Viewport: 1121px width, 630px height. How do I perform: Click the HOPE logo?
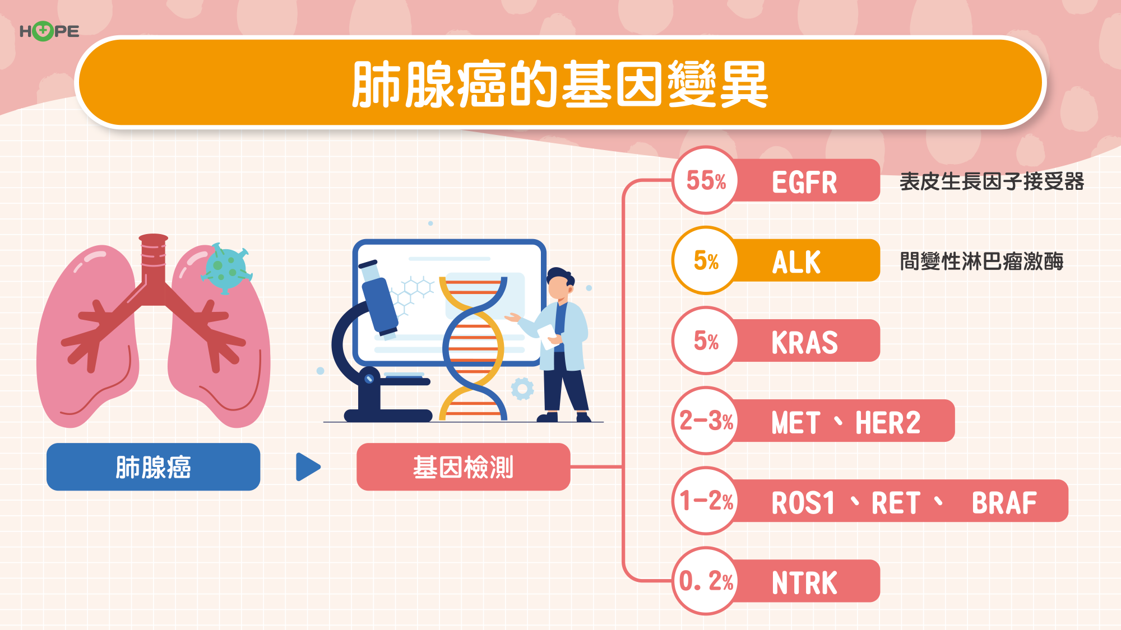49,31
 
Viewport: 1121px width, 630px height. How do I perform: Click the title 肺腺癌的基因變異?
560,84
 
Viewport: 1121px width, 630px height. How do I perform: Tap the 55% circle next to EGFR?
706,180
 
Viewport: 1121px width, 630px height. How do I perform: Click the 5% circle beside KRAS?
706,340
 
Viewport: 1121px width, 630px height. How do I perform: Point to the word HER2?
888,422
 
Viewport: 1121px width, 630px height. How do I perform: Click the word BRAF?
1004,502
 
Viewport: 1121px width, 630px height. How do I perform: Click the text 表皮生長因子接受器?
992,181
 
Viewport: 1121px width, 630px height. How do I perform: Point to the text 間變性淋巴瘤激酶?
982,262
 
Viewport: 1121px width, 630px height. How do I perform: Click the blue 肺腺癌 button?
154,467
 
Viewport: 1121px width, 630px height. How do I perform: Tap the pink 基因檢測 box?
464,467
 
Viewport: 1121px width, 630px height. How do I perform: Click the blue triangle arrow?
308,467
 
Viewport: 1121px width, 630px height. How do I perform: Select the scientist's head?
560,284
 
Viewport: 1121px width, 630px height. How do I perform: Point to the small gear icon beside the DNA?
522,389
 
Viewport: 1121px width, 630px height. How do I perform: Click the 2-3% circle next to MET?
706,421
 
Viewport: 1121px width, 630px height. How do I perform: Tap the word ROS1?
803,502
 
